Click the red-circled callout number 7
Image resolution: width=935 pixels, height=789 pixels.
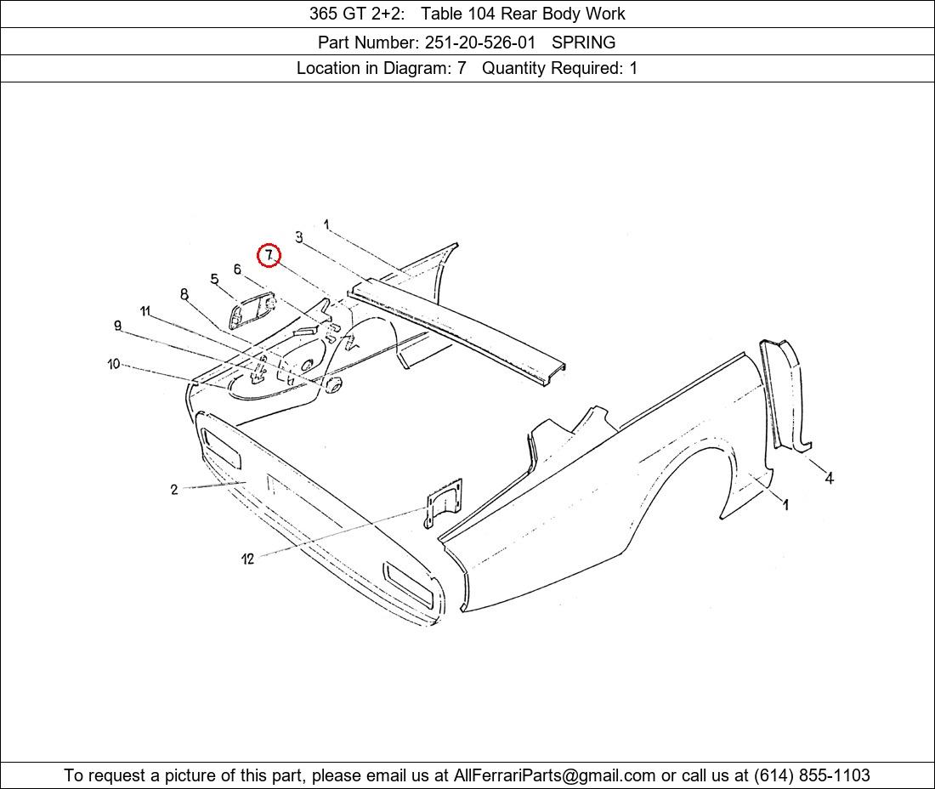pos(269,255)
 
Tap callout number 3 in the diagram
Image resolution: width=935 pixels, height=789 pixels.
pos(298,236)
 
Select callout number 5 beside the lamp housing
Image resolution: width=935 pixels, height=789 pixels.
pos(215,279)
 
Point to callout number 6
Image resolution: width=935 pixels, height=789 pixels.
pos(237,269)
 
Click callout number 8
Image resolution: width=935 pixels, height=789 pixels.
pos(184,294)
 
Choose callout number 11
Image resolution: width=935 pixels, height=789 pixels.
pos(145,311)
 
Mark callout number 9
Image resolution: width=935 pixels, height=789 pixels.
pos(118,326)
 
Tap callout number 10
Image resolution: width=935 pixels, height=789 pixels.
pos(114,364)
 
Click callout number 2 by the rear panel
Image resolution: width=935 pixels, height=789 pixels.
pos(174,490)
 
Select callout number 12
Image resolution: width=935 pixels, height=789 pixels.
pos(247,559)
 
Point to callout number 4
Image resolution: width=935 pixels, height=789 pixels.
pos(829,477)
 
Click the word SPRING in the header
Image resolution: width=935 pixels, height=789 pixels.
pos(583,43)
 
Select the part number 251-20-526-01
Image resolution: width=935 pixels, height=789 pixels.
pos(480,43)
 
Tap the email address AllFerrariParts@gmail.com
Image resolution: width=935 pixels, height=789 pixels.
pos(554,775)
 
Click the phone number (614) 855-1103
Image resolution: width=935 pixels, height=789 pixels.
pos(812,775)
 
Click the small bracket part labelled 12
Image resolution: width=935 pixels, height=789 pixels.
pos(443,503)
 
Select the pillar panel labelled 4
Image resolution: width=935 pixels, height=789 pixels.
pos(786,396)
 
